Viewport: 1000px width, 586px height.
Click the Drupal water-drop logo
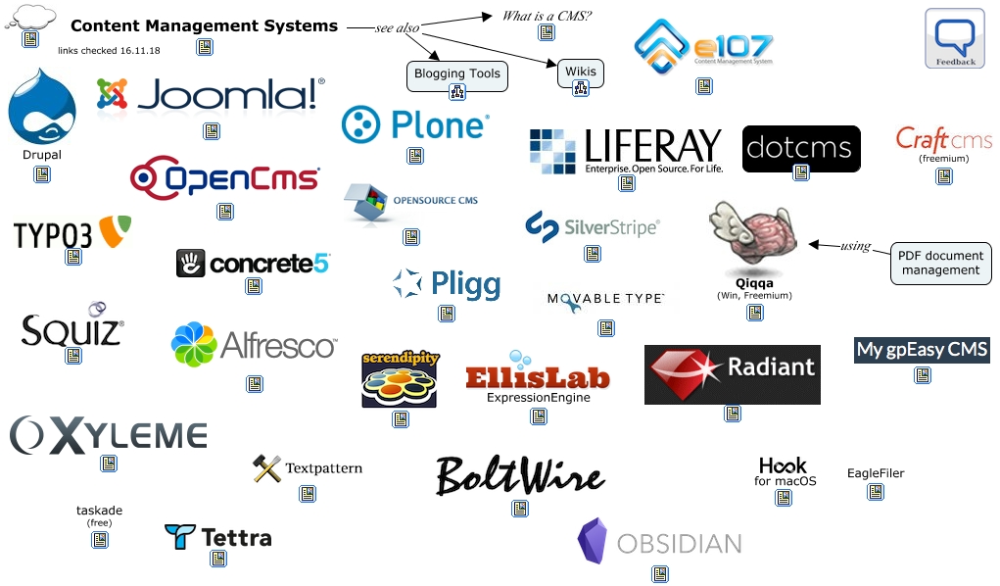pos(41,106)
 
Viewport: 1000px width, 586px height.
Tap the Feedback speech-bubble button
pos(954,38)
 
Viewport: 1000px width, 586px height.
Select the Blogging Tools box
pos(456,73)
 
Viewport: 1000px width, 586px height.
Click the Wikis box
pos(580,72)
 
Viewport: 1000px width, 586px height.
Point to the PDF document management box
pos(939,263)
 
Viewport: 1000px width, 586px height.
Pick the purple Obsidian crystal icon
pos(593,542)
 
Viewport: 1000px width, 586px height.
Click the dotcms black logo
pos(800,148)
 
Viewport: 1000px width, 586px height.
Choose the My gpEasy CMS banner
pos(922,350)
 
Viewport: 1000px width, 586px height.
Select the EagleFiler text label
pos(876,473)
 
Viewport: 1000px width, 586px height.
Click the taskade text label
pos(99,511)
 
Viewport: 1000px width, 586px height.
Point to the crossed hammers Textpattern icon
pos(266,468)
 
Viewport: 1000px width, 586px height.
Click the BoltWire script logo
pos(519,475)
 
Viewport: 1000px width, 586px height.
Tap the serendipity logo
pos(400,378)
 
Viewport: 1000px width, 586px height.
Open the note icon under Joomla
pos(212,131)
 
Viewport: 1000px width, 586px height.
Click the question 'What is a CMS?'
pos(547,16)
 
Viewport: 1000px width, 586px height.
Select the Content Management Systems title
pos(204,26)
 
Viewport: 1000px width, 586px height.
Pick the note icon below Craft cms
pos(944,176)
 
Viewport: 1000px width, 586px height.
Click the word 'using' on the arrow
pos(855,245)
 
